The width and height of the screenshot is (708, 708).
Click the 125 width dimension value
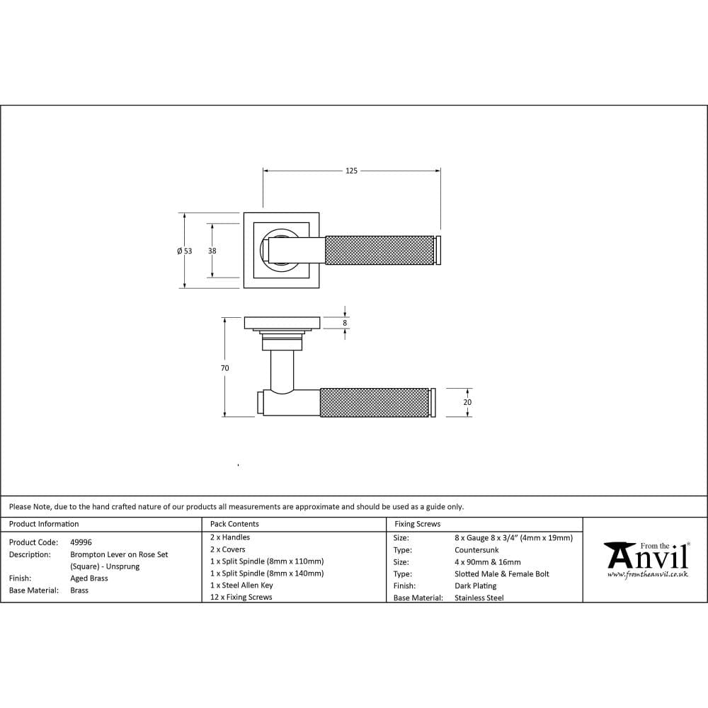click(351, 171)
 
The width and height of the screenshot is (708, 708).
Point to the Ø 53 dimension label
click(184, 251)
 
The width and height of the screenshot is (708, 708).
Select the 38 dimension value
click(212, 251)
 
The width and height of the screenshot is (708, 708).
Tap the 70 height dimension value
click(224, 368)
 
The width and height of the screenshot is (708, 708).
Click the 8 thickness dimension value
click(345, 323)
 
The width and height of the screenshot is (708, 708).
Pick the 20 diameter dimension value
click(467, 402)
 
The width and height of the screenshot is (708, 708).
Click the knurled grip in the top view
click(379, 251)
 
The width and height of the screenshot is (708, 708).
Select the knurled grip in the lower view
click(374, 402)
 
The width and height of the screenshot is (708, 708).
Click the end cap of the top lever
click(438, 251)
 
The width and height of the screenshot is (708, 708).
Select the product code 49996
click(81, 542)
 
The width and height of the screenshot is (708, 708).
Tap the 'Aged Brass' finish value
click(89, 578)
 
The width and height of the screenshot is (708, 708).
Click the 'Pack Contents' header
click(234, 524)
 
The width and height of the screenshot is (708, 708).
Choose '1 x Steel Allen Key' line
click(241, 585)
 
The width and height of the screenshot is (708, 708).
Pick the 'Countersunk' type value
click(476, 549)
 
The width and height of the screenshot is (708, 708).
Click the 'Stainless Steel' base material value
click(479, 598)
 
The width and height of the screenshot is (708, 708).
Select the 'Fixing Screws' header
click(417, 524)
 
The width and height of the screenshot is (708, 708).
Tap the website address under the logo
click(647, 574)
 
